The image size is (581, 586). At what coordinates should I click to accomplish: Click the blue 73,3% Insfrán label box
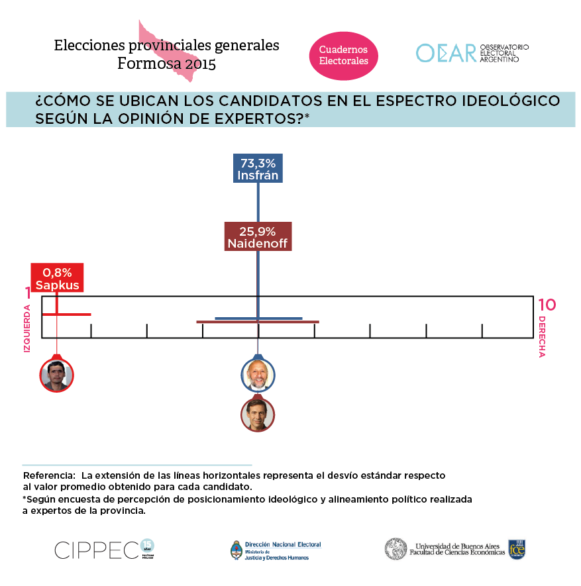(x=258, y=169)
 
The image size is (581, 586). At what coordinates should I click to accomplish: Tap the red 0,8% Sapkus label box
(x=57, y=279)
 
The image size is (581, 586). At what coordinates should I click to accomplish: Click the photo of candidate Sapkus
(x=56, y=375)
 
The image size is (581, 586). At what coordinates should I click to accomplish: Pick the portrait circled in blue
(x=258, y=375)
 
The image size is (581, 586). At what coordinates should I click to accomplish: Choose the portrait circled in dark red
(x=258, y=415)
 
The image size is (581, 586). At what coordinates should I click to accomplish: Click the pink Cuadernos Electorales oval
(x=344, y=56)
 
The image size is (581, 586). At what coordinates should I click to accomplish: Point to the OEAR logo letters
(x=446, y=53)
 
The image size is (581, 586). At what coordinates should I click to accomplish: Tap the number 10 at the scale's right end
(x=547, y=305)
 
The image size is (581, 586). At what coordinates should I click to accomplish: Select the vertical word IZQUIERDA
(x=28, y=328)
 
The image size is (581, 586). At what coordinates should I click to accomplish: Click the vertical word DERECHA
(x=542, y=336)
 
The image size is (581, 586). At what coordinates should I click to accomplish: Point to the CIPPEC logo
(x=97, y=550)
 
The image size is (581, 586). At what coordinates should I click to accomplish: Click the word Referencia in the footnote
(x=48, y=476)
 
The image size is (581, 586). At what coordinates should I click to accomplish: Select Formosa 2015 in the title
(x=167, y=64)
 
